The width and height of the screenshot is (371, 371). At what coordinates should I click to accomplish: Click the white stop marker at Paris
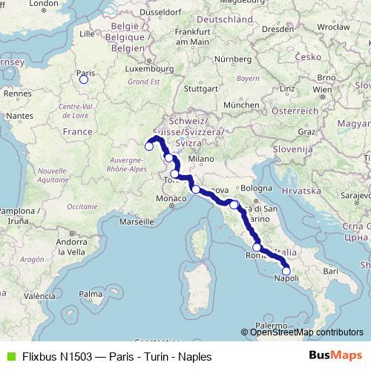pyautogui.click(x=84, y=79)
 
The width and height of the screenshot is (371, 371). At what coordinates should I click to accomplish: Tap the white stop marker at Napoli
pyautogui.click(x=286, y=271)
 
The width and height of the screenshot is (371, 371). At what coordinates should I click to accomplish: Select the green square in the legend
pyautogui.click(x=8, y=356)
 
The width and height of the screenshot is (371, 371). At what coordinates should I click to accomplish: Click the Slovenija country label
pyautogui.click(x=289, y=150)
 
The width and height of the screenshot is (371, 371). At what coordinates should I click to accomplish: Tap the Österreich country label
pyautogui.click(x=294, y=110)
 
